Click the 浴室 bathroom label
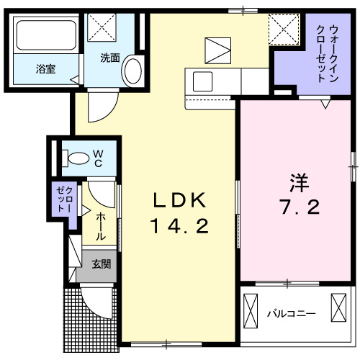click(x=46, y=69)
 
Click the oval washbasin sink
click(x=132, y=71)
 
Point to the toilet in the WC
click(x=73, y=156)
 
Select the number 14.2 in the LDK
click(x=179, y=228)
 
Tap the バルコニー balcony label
click(x=292, y=314)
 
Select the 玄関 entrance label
click(x=100, y=264)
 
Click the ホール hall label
click(x=100, y=222)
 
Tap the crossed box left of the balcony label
click(x=251, y=310)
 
